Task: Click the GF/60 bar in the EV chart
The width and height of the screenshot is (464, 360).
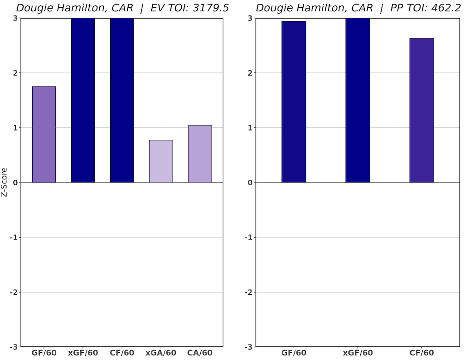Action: [x=44, y=134]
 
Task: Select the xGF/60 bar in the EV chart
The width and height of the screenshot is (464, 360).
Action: [x=83, y=100]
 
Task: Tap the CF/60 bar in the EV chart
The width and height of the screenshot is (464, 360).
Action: [x=122, y=100]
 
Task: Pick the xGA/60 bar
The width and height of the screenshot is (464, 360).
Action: [x=161, y=161]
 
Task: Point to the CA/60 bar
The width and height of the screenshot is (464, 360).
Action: [x=200, y=154]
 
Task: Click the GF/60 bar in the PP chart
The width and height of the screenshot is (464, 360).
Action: [x=294, y=102]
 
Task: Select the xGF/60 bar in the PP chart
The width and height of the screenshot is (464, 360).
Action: [x=358, y=100]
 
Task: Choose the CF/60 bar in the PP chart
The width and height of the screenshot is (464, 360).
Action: [x=421, y=110]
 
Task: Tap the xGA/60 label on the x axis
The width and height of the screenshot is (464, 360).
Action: [x=161, y=353]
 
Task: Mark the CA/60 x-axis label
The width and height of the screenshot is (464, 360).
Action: [x=200, y=353]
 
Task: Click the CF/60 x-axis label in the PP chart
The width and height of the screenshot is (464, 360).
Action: [x=421, y=353]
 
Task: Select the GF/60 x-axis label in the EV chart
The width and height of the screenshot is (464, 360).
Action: [x=44, y=353]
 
